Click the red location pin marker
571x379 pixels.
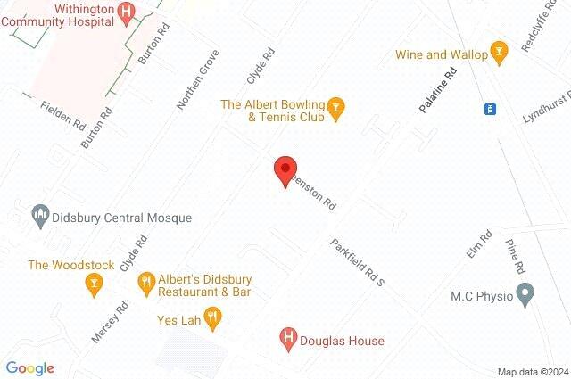[285, 169]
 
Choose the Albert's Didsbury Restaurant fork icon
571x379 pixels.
[145, 284]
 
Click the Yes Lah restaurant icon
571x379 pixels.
[212, 315]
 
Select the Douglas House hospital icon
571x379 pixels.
[288, 339]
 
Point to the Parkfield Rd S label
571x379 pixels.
[356, 261]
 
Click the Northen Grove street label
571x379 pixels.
[198, 78]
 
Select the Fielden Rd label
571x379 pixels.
[62, 113]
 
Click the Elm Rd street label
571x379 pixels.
[479, 245]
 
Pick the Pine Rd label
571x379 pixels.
[516, 256]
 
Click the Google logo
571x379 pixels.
[29, 368]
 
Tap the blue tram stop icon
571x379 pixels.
[490, 109]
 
